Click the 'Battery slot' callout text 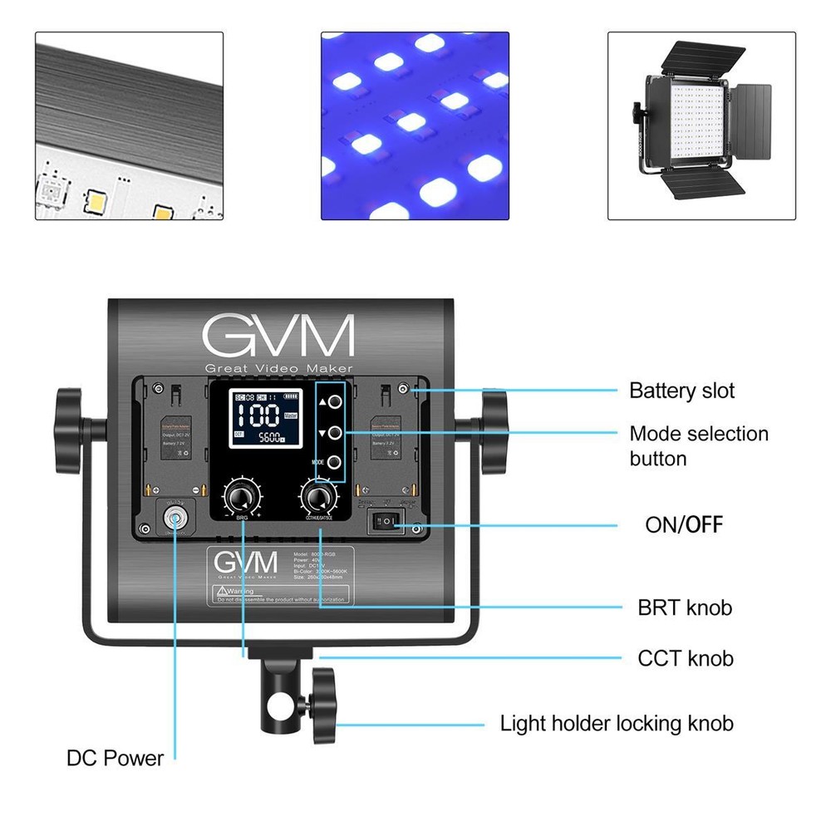tap(681, 391)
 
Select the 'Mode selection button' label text tap(698, 445)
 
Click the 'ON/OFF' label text tap(683, 524)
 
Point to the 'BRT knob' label tap(685, 607)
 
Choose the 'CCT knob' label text tap(686, 658)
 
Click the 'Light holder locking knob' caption tap(616, 723)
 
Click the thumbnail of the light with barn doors tap(702, 125)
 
